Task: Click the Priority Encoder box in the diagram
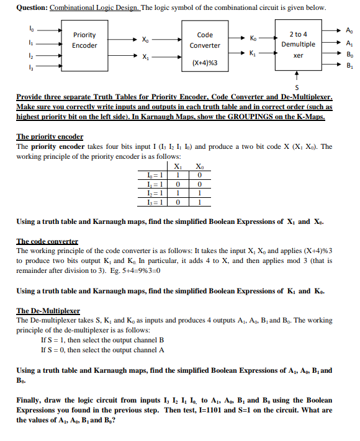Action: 84,45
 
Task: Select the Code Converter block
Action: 204,45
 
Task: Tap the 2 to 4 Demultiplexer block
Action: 298,45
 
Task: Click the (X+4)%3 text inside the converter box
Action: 204,63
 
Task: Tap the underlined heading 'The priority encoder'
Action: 50,136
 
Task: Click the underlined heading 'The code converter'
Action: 47,241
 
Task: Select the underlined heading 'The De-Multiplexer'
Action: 48,310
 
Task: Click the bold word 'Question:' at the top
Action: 32,7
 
